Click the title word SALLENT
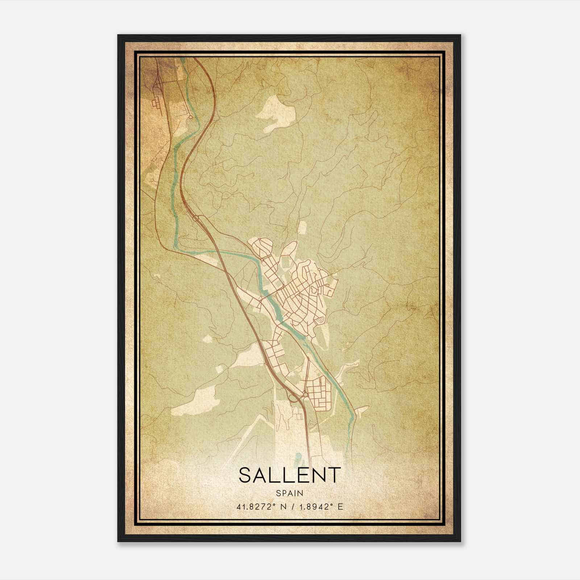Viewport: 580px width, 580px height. click(290, 475)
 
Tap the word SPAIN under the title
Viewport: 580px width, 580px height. click(289, 493)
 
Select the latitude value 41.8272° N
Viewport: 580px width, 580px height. click(257, 507)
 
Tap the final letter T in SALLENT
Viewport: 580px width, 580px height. click(334, 475)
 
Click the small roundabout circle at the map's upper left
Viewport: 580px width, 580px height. click(190, 117)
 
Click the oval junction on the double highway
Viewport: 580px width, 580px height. click(196, 218)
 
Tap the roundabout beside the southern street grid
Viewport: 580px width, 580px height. click(305, 394)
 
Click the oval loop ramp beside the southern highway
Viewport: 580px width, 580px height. click(292, 398)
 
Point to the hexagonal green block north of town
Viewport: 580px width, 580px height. click(286, 262)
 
